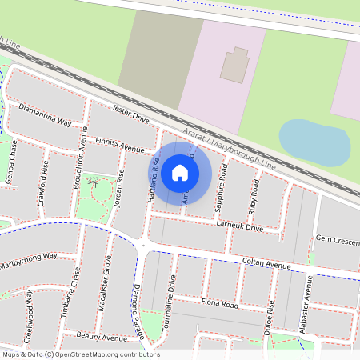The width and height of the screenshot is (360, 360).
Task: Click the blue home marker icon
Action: tap(180, 172)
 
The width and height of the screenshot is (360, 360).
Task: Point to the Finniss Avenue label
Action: tap(119, 145)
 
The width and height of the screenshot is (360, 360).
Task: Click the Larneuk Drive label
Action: tap(239, 227)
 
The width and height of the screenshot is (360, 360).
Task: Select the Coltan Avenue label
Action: tap(266, 264)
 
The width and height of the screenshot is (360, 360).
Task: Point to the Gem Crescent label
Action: tap(336, 239)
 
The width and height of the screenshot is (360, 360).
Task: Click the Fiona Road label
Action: tap(220, 304)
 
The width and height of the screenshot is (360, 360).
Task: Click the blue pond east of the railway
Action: tap(314, 142)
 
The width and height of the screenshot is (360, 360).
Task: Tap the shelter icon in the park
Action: tap(94, 185)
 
